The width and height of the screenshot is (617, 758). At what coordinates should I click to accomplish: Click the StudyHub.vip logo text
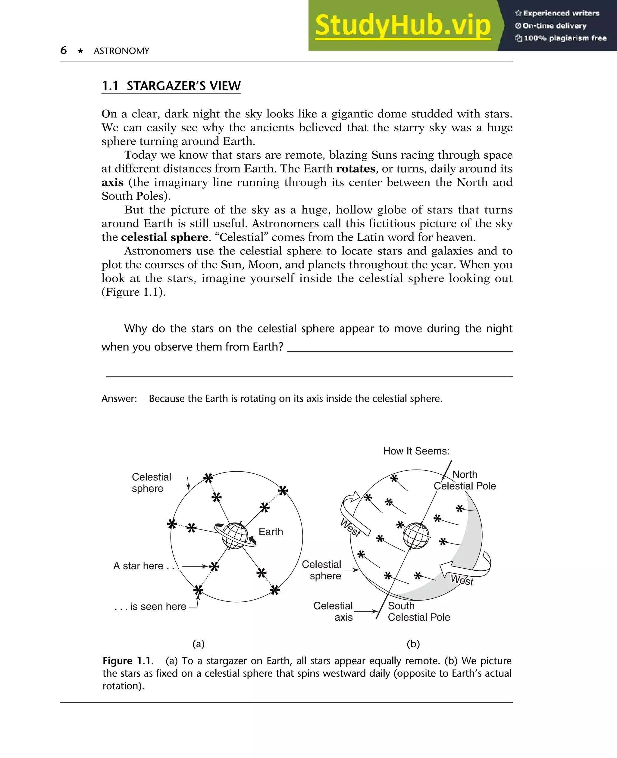click(x=403, y=26)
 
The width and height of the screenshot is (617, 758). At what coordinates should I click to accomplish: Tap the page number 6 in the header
click(x=63, y=50)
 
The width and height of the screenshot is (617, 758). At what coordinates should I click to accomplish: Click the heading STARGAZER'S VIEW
click(x=183, y=86)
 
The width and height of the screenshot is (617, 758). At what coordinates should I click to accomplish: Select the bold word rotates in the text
click(x=355, y=168)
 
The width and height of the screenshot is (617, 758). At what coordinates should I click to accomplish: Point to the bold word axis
click(x=112, y=182)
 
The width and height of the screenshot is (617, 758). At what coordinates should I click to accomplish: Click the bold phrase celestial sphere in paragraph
click(x=164, y=237)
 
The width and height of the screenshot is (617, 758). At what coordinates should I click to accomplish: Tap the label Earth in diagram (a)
click(x=271, y=532)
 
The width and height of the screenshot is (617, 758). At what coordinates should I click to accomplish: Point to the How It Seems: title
click(x=416, y=451)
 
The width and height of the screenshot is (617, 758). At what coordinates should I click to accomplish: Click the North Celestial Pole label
click(x=465, y=480)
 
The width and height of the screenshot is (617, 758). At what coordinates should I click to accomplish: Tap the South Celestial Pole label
click(x=418, y=611)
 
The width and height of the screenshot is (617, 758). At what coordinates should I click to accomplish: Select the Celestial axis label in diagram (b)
click(x=333, y=611)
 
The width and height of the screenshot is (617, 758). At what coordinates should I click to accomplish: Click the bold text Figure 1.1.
click(x=128, y=661)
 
